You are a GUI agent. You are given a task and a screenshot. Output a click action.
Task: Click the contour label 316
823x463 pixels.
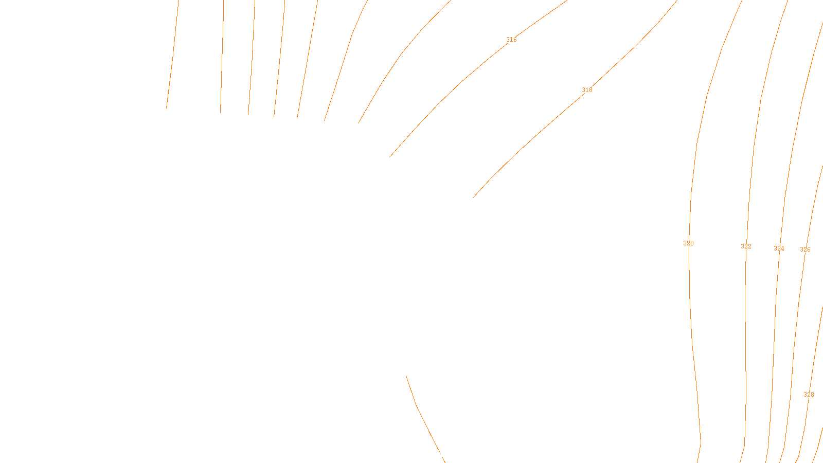[511, 40]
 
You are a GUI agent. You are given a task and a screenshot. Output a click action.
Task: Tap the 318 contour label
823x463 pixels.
[587, 90]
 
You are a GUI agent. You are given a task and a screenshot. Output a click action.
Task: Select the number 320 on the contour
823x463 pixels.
[688, 243]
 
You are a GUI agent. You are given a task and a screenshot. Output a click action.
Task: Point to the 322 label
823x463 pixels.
[746, 246]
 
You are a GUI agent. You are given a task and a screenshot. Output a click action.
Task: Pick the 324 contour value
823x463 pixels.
[779, 248]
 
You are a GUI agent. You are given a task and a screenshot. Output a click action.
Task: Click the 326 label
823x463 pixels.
[805, 250]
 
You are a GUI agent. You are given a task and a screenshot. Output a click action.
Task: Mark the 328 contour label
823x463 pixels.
[809, 395]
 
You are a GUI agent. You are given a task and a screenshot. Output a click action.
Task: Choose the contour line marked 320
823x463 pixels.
[692, 340]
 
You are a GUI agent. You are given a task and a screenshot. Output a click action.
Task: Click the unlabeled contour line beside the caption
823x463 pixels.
[417, 405]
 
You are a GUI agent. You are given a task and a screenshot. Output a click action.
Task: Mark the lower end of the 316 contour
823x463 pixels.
[390, 157]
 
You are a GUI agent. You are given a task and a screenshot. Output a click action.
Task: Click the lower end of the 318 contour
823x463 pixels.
[473, 198]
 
